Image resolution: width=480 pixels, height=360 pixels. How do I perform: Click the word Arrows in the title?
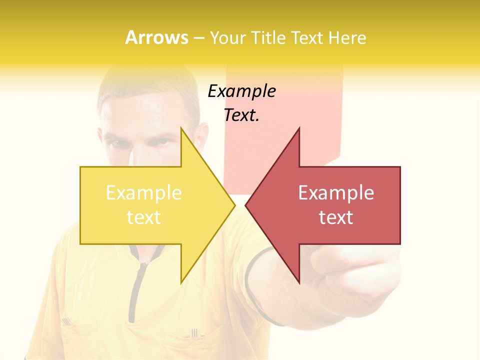tap(156, 37)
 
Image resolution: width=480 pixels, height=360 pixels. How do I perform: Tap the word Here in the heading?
tap(347, 37)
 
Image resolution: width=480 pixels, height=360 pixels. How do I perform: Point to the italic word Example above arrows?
tap(241, 91)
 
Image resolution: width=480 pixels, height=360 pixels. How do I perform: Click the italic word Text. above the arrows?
tap(241, 115)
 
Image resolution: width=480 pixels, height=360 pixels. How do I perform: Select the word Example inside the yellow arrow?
tap(144, 193)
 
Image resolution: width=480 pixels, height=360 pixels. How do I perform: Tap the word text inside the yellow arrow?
tap(144, 217)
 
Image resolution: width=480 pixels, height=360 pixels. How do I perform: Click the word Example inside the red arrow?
tap(336, 193)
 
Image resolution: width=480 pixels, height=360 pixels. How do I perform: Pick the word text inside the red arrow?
tap(336, 217)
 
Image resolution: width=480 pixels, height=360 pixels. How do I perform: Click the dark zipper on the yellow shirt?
tap(134, 290)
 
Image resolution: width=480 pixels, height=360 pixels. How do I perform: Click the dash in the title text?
tap(198, 38)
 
